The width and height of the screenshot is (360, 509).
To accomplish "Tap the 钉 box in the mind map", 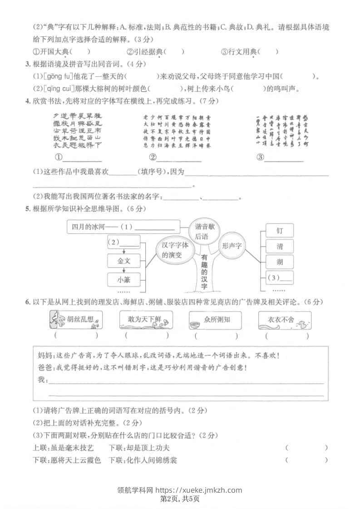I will coord(279,231).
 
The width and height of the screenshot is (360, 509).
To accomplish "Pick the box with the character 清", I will coord(279,246).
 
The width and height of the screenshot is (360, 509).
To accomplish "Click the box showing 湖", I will coord(279,261).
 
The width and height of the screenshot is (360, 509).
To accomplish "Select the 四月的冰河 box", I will coord(123,226).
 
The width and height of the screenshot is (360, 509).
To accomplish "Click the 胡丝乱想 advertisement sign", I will coord(75,320).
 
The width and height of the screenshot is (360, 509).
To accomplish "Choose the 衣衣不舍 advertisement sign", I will coord(285,320).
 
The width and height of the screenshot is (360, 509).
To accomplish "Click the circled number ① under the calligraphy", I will coord(59,157).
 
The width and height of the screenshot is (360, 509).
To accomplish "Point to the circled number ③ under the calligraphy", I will coord(260,157).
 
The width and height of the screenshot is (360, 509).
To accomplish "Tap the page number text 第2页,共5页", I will coord(180,499).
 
